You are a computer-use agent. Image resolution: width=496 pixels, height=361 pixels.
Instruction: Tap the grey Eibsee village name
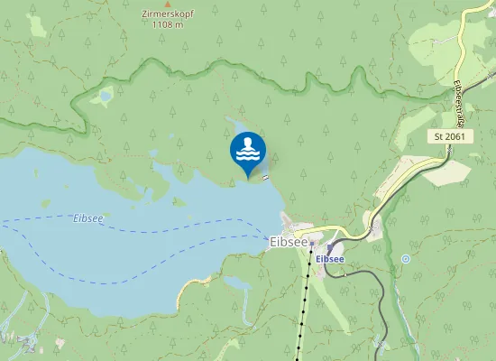288,242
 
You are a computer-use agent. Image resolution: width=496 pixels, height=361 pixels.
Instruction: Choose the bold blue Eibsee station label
330,259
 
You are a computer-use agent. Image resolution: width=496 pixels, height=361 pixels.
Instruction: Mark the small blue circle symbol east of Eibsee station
406,259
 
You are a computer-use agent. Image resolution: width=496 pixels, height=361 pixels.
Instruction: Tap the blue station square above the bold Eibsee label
330,247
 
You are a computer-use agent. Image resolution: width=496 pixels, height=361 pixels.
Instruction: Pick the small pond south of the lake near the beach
238,283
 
